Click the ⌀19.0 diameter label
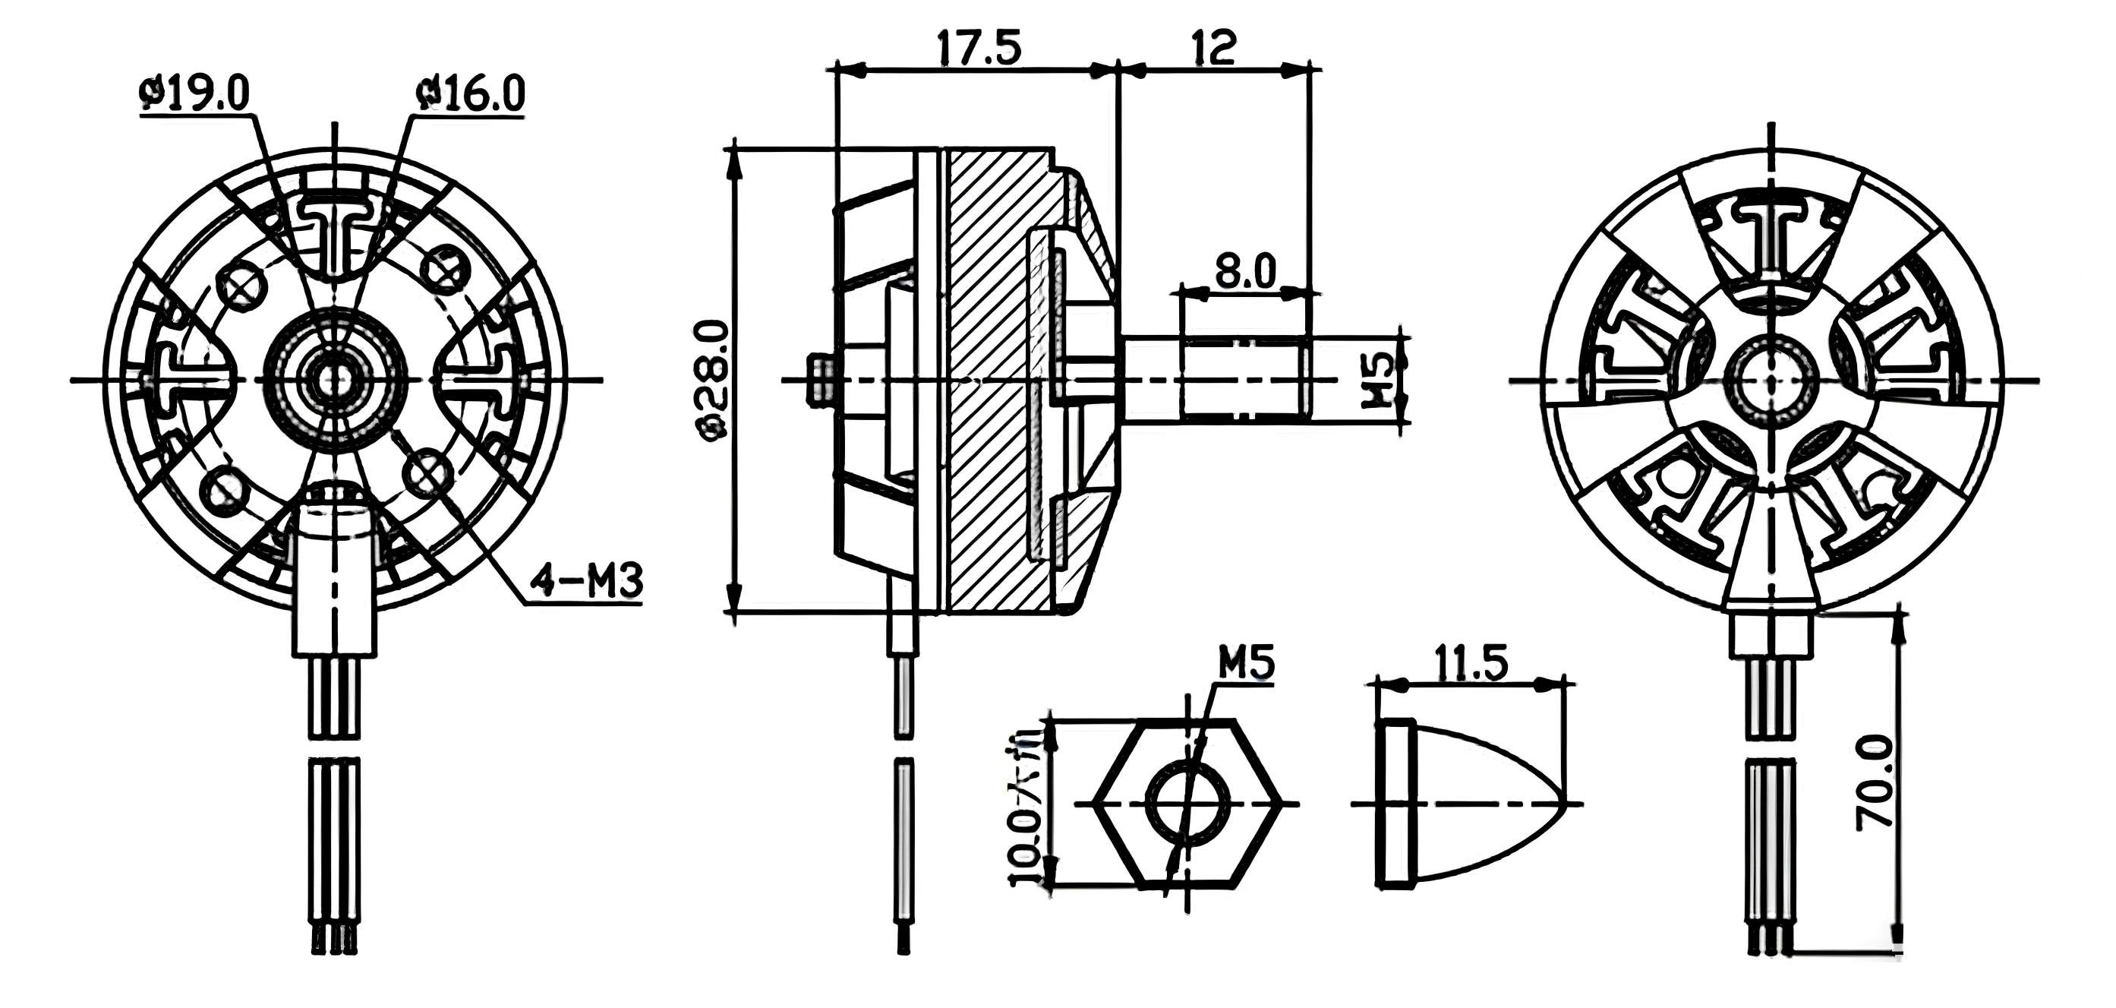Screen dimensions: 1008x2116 195,93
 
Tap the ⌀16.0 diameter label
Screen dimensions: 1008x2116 471,93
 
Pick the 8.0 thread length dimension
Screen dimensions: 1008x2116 1244,270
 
